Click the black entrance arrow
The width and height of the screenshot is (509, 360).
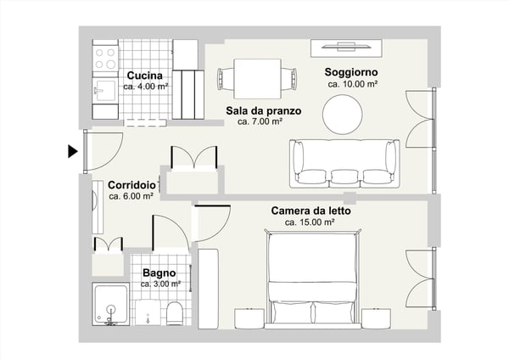[x=72, y=152]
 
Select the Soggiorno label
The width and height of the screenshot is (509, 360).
[x=351, y=73]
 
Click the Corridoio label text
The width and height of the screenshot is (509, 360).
[x=131, y=185]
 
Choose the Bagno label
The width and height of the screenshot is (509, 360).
[x=159, y=273]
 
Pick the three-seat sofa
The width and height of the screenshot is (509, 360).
[x=344, y=164]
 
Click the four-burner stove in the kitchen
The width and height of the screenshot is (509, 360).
[x=105, y=57]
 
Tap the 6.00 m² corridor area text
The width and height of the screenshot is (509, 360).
[x=131, y=196]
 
